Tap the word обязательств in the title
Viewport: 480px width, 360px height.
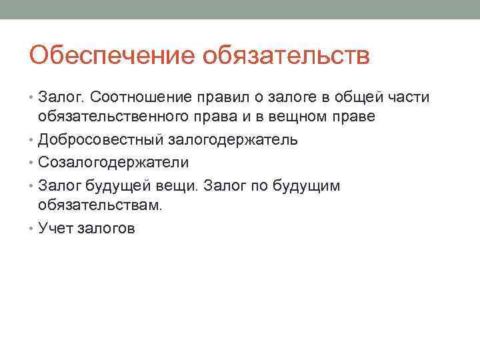coord(286,55)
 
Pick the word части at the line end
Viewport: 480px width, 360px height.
coord(409,98)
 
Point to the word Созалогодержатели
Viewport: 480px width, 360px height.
coord(113,163)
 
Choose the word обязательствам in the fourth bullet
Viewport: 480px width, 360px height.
coord(100,205)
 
